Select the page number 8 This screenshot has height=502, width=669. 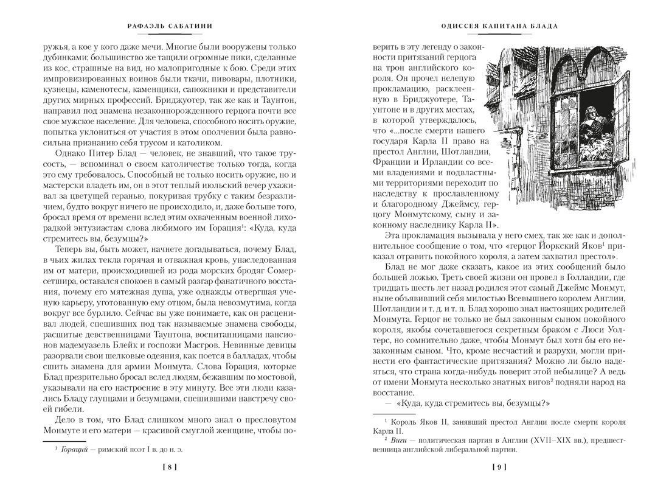click(x=171, y=467)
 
